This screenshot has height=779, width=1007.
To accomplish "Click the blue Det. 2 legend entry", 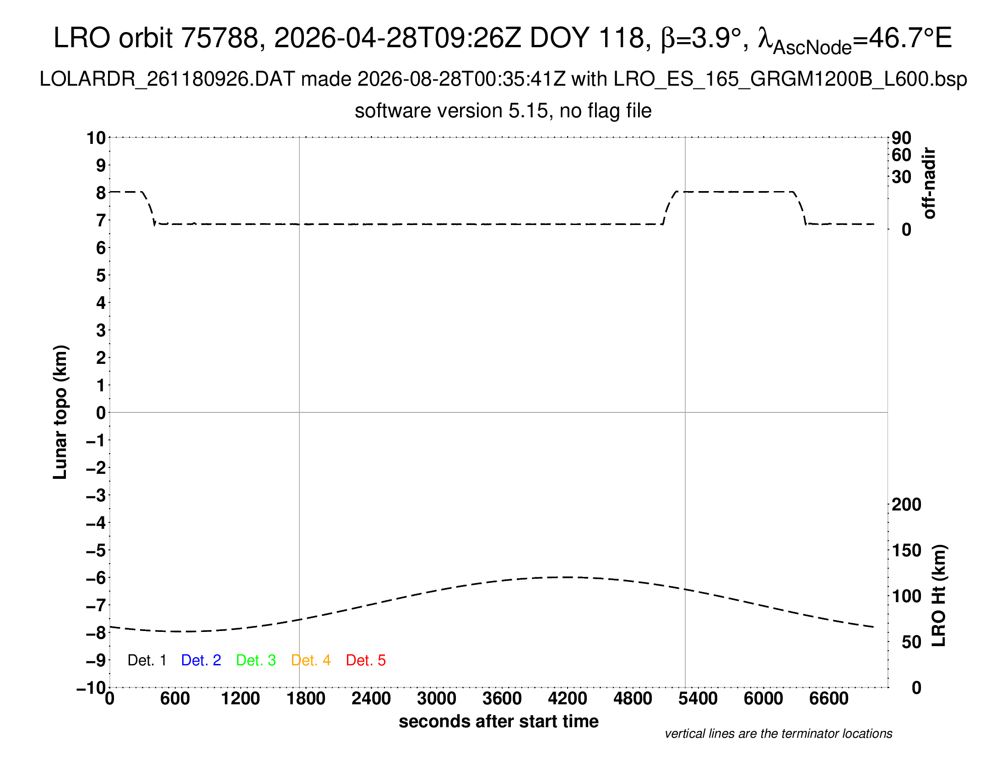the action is point(201,660).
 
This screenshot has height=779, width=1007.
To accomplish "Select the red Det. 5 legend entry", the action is point(366,660).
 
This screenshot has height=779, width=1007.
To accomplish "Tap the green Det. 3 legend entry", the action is point(256,660).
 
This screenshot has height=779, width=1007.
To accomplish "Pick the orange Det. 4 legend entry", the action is point(311,660).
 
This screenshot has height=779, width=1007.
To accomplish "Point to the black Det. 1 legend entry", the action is point(146,660).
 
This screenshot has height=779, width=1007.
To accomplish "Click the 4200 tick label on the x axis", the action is point(567,699).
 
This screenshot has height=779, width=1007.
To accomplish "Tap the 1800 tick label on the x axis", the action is point(306,699).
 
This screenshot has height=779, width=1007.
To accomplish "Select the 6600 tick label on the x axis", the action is point(828,699).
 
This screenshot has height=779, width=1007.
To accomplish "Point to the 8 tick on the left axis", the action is point(101,193).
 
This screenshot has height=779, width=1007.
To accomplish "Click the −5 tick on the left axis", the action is point(96,550).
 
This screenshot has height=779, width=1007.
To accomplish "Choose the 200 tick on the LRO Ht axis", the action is point(906,505).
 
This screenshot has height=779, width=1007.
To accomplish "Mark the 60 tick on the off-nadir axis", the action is point(901,155).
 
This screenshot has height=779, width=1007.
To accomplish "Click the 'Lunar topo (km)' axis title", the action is point(60,412).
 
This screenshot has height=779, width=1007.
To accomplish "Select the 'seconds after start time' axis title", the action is point(498,722).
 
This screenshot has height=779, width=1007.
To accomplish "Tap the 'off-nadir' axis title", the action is point(930,183).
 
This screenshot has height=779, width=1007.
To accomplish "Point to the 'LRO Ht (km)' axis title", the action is point(939,596).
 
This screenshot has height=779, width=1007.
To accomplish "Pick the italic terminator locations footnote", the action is point(778,734).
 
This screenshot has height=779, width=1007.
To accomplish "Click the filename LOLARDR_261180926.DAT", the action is point(167,79).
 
